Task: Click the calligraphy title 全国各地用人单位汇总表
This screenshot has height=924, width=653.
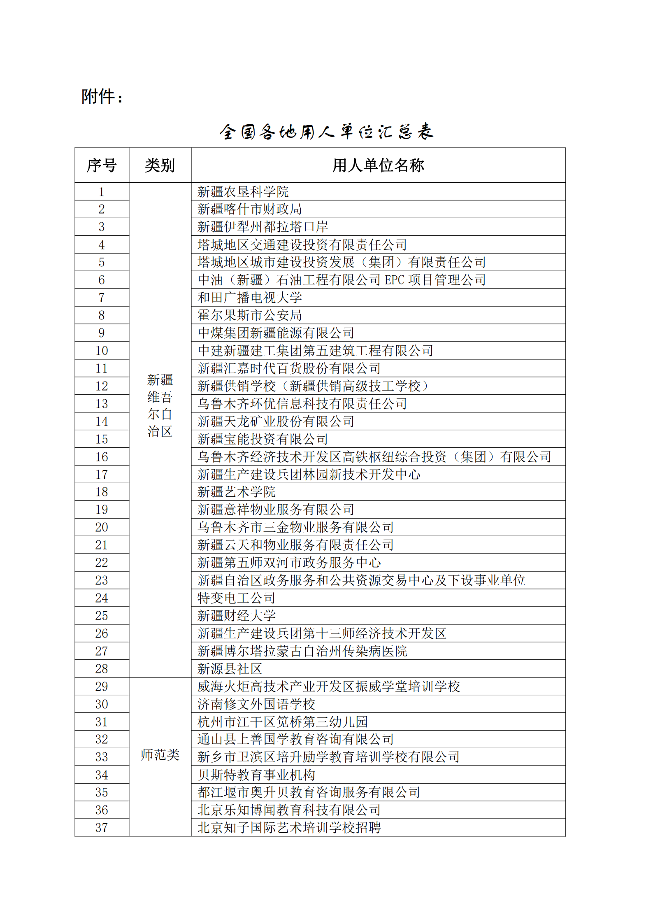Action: click(326, 132)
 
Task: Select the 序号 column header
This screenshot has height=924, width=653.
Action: click(102, 165)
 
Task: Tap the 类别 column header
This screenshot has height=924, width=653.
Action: click(160, 165)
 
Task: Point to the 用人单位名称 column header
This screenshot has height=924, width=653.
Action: click(378, 165)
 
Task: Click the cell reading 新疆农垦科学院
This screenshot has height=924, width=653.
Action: click(243, 192)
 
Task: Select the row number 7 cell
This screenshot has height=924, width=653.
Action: click(102, 298)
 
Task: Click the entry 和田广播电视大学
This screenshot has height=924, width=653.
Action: click(249, 298)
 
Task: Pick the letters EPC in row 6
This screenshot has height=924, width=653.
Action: click(394, 280)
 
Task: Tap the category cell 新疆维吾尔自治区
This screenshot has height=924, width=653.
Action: click(160, 405)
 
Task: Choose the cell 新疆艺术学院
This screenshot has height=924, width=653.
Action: click(236, 492)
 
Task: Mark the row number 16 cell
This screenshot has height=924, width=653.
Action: click(102, 457)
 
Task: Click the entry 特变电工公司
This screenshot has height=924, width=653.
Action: click(236, 598)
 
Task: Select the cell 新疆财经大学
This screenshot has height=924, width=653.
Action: click(236, 616)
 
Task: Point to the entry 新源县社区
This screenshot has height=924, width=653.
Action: click(230, 669)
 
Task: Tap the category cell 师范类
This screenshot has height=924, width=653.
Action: click(160, 755)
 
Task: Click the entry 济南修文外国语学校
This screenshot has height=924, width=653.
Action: click(256, 704)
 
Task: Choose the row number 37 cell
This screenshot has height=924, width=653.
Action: click(102, 828)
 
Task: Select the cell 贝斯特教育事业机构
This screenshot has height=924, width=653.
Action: click(256, 775)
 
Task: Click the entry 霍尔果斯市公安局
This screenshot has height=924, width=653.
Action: click(249, 315)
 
